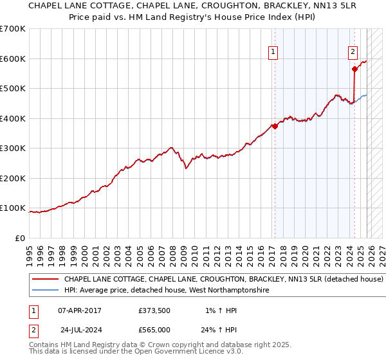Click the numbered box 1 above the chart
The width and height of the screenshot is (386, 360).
pyautogui.click(x=273, y=53)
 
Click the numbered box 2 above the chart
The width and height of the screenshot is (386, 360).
pyautogui.click(x=353, y=53)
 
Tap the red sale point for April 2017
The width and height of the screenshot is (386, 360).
pyautogui.click(x=275, y=126)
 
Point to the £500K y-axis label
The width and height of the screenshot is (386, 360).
pyautogui.click(x=13, y=89)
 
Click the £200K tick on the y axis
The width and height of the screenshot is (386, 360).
pyautogui.click(x=13, y=178)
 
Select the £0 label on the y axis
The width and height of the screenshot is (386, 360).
pyautogui.click(x=21, y=238)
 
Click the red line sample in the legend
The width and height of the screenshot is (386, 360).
pyautogui.click(x=45, y=280)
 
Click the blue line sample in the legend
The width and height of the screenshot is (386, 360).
pyautogui.click(x=45, y=291)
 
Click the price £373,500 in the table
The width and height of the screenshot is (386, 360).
pyautogui.click(x=154, y=310)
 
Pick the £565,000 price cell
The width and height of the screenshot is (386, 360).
pyautogui.click(x=154, y=330)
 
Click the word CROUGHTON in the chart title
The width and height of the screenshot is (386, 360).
pyautogui.click(x=194, y=5)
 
